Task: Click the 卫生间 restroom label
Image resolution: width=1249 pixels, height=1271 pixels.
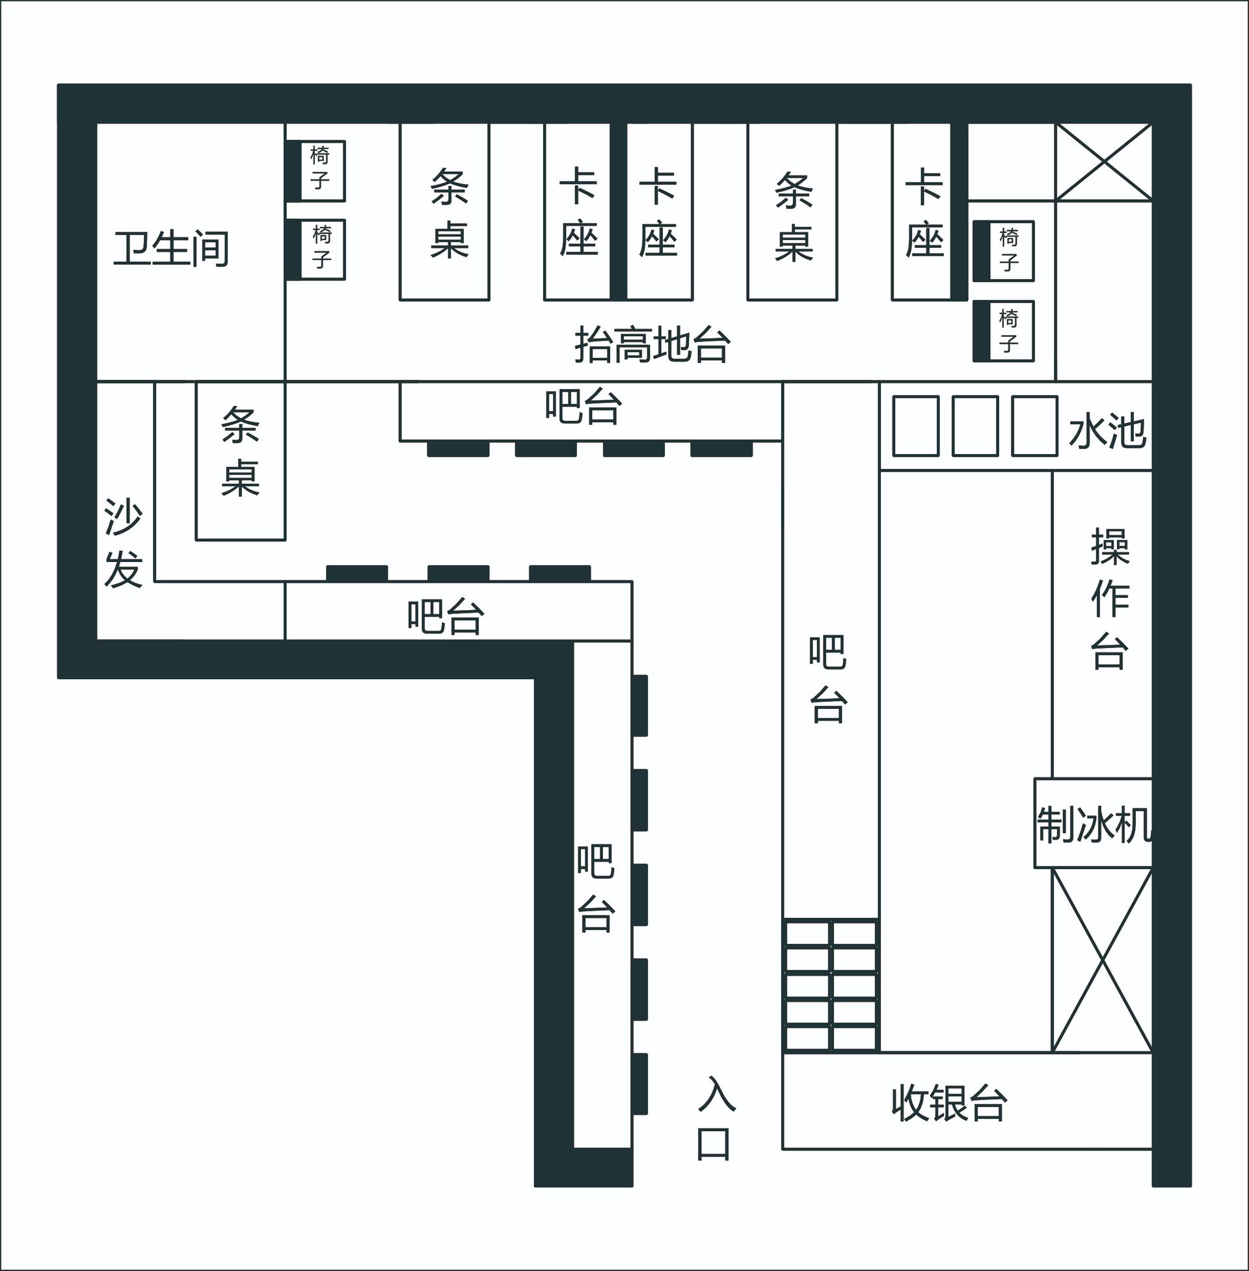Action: pos(171,248)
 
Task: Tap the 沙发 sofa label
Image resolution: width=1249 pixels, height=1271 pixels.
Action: pos(124,543)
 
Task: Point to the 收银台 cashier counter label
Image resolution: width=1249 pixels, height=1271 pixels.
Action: pos(948,1104)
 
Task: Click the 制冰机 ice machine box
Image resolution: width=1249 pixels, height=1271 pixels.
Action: pos(1093,823)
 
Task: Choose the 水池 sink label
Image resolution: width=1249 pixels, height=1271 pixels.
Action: pos(1107,431)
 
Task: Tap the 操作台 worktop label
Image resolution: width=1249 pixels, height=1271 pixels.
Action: pos(1109,599)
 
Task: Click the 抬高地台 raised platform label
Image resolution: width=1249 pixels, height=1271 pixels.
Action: pos(652,345)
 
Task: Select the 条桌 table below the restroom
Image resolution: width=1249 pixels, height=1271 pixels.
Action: pos(241,461)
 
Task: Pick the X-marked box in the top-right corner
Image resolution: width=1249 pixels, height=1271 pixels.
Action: pos(1104,162)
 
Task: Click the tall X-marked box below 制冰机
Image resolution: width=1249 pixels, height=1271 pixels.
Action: pos(1103,961)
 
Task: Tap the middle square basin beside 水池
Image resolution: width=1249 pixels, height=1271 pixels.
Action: pos(974,425)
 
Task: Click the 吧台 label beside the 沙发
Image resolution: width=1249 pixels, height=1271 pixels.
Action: pos(446,617)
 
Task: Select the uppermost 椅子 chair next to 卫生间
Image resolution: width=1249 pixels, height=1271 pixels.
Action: pos(316,170)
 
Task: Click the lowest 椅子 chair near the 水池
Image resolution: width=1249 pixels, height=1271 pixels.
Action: pos(1004,331)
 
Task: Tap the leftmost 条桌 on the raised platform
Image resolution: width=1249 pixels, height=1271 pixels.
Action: pos(445,212)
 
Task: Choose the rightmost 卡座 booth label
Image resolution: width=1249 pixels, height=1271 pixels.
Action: pos(925,212)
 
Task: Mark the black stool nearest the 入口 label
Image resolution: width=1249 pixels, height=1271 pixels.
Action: pos(640,1084)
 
